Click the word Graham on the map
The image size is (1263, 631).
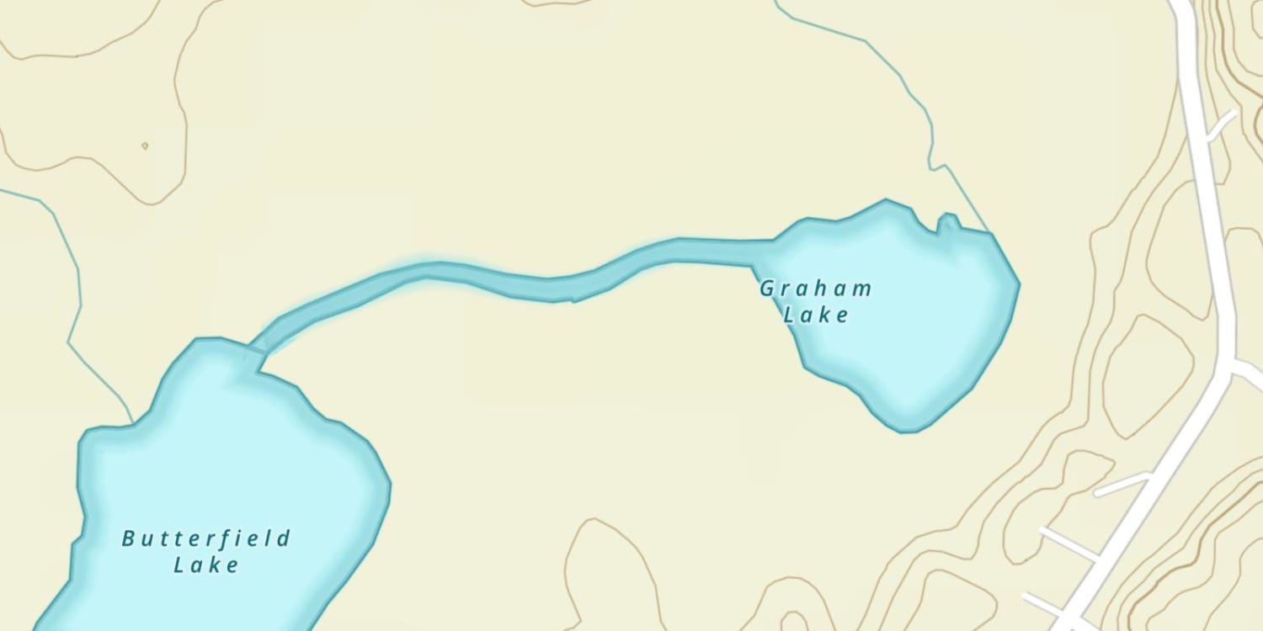tap(815, 289)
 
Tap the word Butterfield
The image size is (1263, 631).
tap(206, 538)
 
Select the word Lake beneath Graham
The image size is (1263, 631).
tap(816, 316)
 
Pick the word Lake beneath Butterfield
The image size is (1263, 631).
tap(206, 565)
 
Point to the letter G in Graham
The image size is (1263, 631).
tap(767, 289)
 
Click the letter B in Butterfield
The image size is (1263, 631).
tap(129, 538)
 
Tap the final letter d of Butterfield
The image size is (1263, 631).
tap(284, 538)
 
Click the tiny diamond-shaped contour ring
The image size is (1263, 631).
tap(145, 146)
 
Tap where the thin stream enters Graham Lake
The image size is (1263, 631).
tap(989, 231)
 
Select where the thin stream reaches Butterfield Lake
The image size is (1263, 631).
tap(132, 422)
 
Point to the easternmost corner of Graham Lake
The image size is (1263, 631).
tap(1019, 284)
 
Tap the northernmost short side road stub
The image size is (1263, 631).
tap(1222, 126)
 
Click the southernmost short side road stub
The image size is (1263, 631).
tap(1045, 602)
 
